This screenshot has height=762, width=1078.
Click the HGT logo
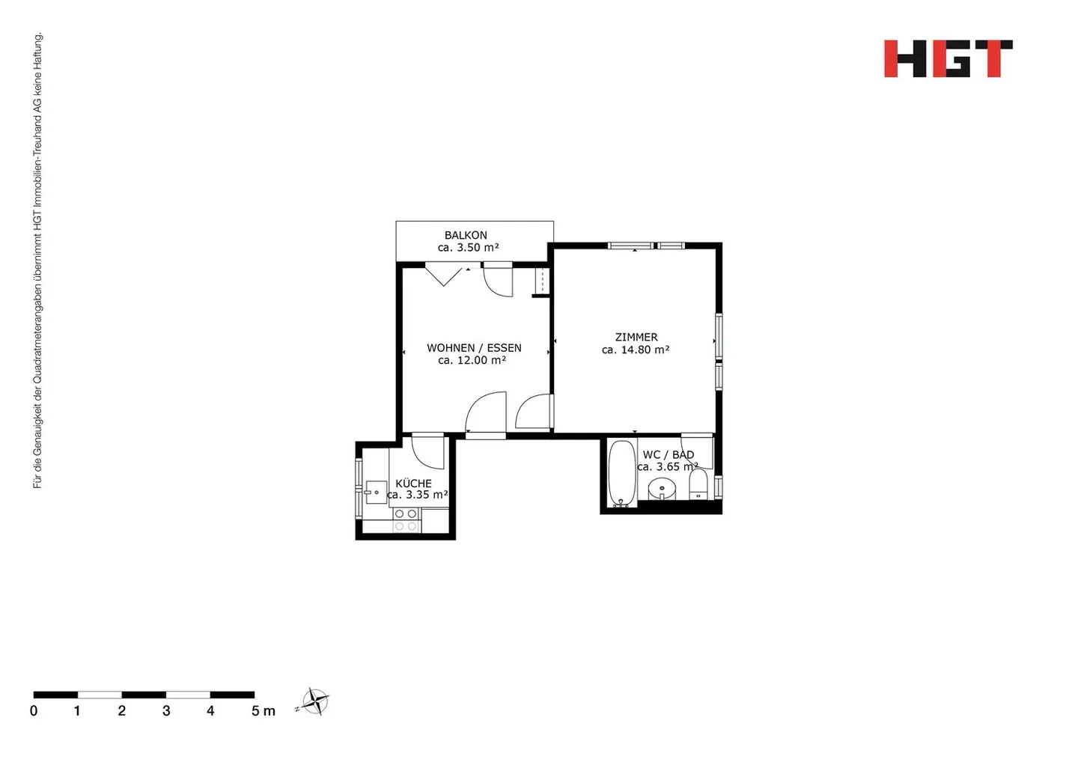(948, 58)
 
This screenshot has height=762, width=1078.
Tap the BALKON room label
(466, 235)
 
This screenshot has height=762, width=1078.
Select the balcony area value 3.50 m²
(469, 248)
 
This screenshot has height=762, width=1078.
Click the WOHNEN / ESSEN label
(474, 348)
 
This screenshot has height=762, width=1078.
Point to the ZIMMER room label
(636, 338)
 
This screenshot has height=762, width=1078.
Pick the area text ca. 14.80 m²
(636, 350)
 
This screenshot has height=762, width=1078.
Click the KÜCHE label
(413, 484)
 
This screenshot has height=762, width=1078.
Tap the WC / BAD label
(668, 454)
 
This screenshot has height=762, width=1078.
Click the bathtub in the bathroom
(621, 474)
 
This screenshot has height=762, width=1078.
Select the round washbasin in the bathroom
(662, 490)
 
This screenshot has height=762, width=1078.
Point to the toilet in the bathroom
(698, 485)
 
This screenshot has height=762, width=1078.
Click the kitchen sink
(375, 493)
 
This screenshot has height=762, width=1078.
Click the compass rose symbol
(316, 702)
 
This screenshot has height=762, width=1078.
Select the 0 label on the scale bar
(34, 711)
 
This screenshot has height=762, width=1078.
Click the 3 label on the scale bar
(166, 711)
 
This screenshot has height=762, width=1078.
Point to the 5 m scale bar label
(263, 711)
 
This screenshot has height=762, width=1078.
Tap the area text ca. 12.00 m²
(472, 360)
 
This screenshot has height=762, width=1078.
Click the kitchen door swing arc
(428, 452)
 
